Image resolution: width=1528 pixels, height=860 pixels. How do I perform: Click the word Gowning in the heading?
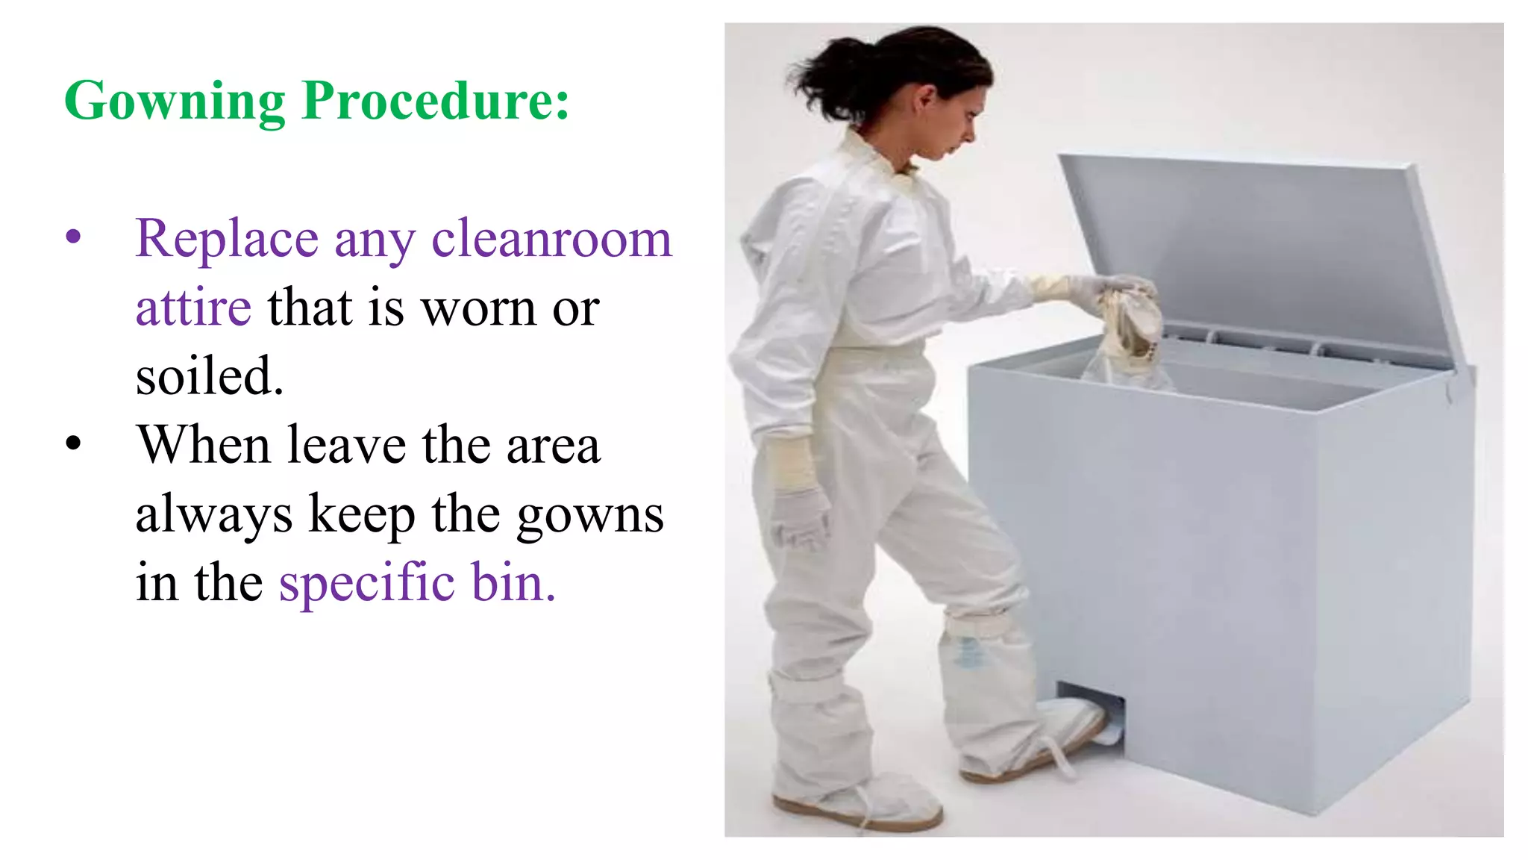[175, 101]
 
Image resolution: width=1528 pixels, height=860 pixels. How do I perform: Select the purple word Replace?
[227, 239]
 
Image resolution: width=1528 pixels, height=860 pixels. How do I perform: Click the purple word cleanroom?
[552, 239]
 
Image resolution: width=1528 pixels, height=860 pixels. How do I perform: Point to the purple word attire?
[193, 308]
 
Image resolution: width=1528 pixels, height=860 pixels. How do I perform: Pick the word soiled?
[210, 376]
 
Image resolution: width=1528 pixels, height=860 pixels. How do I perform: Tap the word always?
[214, 515]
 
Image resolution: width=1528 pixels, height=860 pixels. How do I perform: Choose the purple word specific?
[366, 583]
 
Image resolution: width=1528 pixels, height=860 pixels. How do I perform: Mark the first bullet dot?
[73, 237]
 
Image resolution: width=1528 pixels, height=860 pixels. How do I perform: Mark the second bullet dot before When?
[73, 443]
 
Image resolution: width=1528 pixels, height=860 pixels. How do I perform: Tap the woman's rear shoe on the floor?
[858, 806]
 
